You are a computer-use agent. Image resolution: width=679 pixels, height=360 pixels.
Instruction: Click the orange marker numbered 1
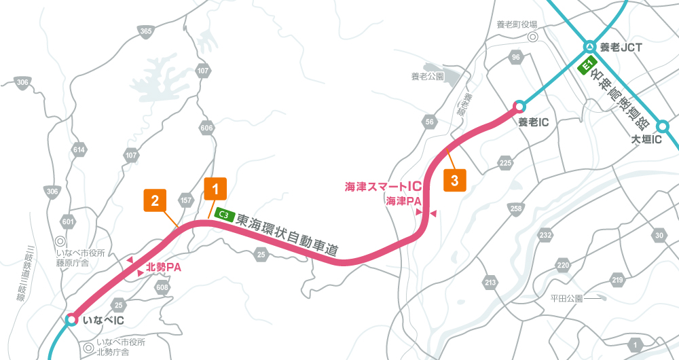[x=215, y=189]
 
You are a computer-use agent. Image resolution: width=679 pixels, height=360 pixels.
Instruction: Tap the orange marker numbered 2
[x=155, y=200]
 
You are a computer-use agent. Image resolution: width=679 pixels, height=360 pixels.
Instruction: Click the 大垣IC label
[x=646, y=140]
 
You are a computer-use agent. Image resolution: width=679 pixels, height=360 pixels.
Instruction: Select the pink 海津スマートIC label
[x=384, y=186]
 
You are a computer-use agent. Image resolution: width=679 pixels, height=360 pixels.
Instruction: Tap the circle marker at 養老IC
[x=519, y=106]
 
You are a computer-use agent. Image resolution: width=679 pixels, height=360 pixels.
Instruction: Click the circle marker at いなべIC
[x=71, y=319]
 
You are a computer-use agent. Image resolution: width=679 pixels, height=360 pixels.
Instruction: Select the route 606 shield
[x=208, y=128]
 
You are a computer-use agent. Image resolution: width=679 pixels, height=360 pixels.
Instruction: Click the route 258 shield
[x=516, y=208]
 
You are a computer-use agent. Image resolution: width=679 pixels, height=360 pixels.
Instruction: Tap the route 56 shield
[x=429, y=122]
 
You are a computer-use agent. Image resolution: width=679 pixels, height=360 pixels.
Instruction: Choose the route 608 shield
[x=162, y=287]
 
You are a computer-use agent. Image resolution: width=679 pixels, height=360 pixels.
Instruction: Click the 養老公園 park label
[x=427, y=77]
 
